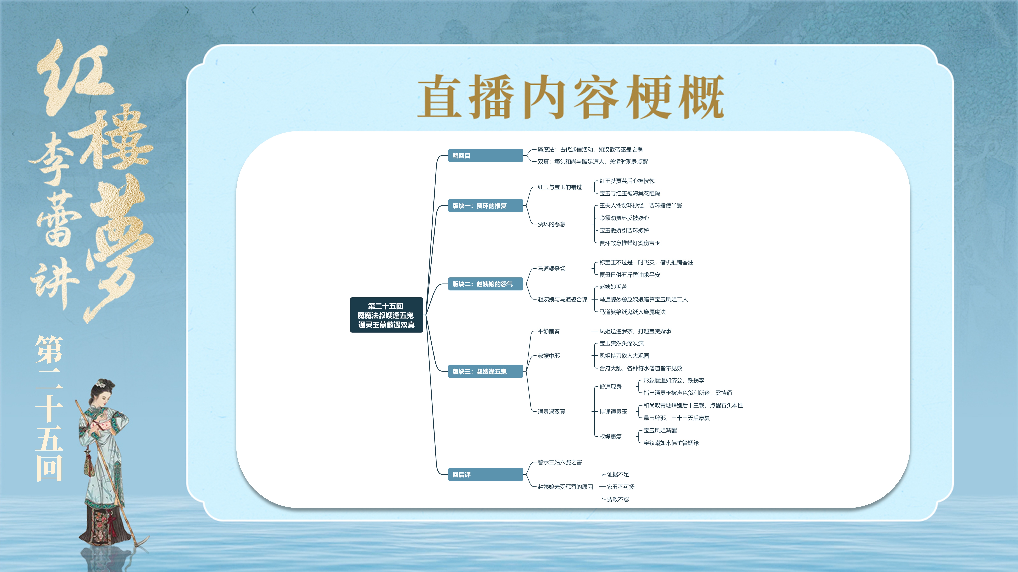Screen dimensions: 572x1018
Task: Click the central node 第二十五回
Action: [x=386, y=315]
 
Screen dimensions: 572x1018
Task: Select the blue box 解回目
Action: [x=485, y=156]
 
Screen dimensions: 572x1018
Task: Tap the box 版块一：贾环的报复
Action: [x=485, y=206]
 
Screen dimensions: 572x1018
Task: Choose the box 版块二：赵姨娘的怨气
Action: [x=485, y=284]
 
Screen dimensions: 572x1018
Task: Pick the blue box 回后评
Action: [x=485, y=475]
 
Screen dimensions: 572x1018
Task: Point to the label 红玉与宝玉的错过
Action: [x=560, y=187]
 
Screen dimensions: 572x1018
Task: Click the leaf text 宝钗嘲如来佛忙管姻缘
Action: [x=671, y=443]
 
